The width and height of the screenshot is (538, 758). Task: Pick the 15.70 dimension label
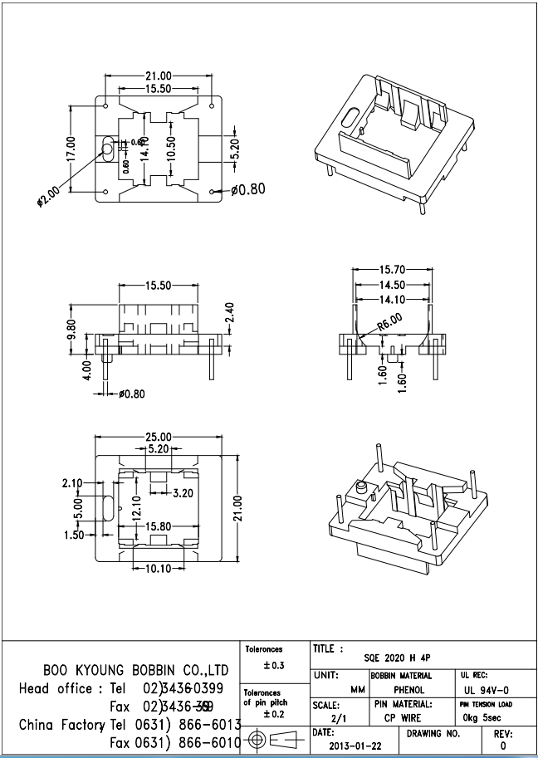[393, 270]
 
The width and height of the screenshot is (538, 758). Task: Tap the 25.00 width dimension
[159, 437]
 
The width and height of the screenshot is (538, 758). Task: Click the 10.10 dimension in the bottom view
[159, 568]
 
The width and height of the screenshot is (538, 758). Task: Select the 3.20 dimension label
[182, 493]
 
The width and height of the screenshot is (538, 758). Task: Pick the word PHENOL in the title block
[408, 690]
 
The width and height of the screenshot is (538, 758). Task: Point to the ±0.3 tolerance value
[273, 666]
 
